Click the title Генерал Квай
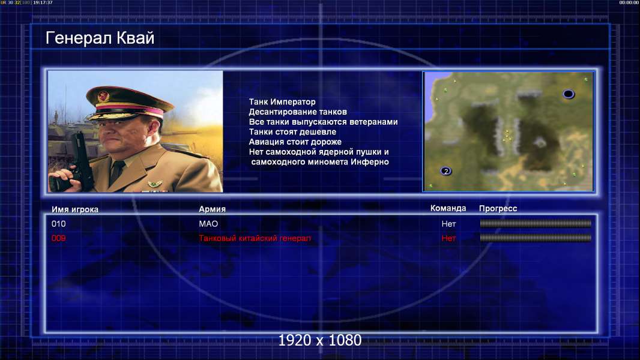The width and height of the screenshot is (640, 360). click(x=100, y=38)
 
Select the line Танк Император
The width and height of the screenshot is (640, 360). click(x=282, y=102)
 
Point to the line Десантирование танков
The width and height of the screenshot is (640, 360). click(x=298, y=112)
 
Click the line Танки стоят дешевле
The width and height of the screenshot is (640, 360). click(x=292, y=131)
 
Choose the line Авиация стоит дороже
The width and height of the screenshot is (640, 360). click(x=295, y=142)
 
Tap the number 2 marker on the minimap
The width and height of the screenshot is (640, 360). click(x=445, y=171)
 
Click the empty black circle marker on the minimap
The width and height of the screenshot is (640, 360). click(x=568, y=94)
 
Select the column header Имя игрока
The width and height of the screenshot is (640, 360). click(x=74, y=209)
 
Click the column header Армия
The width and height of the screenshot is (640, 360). click(x=213, y=209)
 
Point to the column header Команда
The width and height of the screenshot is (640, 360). click(x=448, y=208)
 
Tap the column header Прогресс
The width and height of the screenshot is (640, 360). click(x=498, y=208)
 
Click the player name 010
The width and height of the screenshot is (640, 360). click(x=58, y=224)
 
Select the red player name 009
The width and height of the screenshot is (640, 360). click(x=58, y=238)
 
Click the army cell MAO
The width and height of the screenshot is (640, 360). click(x=208, y=224)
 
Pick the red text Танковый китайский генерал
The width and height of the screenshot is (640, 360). click(x=255, y=238)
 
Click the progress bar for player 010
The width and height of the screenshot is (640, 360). click(x=536, y=223)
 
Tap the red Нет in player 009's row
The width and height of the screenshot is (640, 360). click(x=448, y=238)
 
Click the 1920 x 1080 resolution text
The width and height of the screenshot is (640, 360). click(x=320, y=340)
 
